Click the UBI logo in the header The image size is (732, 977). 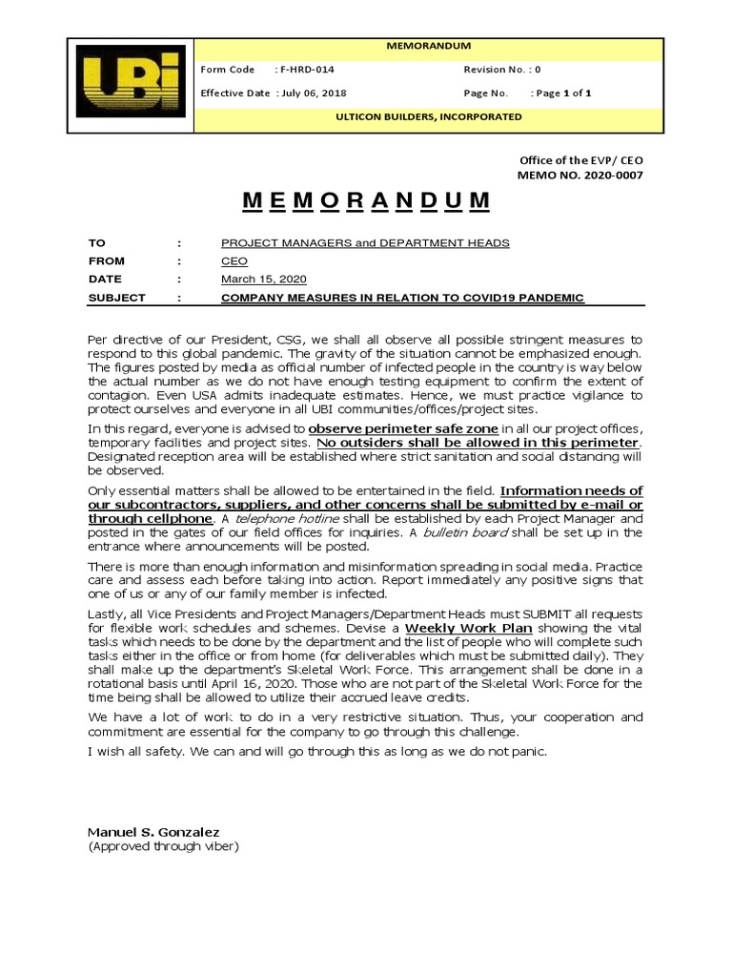pyautogui.click(x=130, y=85)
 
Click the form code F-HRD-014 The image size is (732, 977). pyautogui.click(x=307, y=70)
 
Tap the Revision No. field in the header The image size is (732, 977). pyautogui.click(x=502, y=70)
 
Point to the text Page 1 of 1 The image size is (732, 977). pyautogui.click(x=563, y=94)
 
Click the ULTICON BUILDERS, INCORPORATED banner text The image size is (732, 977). pyautogui.click(x=440, y=116)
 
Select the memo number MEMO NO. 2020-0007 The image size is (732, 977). pyautogui.click(x=579, y=176)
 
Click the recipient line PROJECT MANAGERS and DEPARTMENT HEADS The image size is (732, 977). pyautogui.click(x=365, y=243)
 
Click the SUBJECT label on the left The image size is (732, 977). pyautogui.click(x=116, y=298)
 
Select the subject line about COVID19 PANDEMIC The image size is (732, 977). pyautogui.click(x=402, y=298)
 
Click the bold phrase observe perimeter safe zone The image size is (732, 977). pyautogui.click(x=403, y=430)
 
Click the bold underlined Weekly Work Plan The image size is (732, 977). pyautogui.click(x=468, y=630)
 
